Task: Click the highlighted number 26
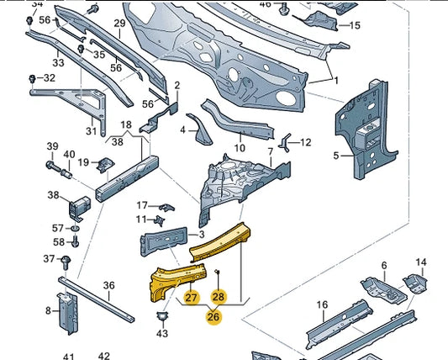click(213, 317)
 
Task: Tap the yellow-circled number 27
click(191, 297)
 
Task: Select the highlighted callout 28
click(219, 295)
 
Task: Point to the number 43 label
click(162, 334)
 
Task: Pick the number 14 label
click(421, 262)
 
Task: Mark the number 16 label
click(321, 304)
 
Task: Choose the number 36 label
click(108, 286)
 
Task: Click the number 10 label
click(240, 149)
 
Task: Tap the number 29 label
click(119, 23)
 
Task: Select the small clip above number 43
click(162, 316)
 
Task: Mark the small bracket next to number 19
click(107, 161)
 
